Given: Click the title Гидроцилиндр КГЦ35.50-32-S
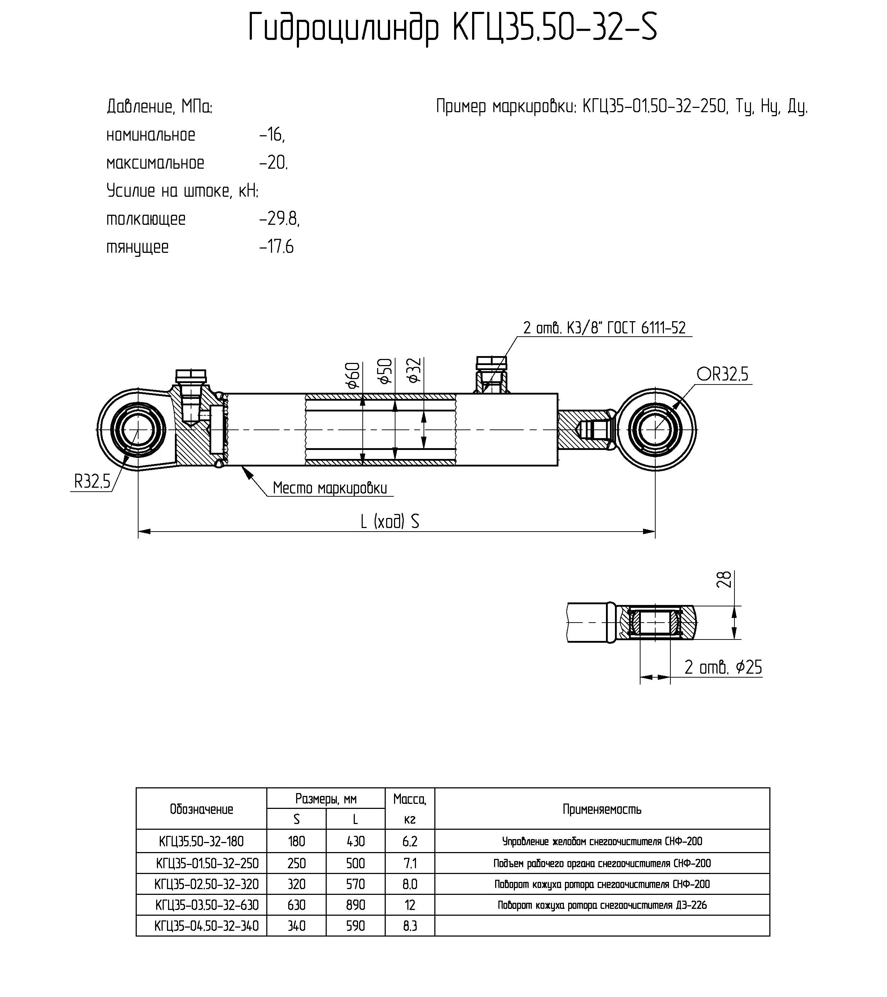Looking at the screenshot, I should pos(453,28).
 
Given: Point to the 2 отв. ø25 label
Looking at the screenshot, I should pos(723,667).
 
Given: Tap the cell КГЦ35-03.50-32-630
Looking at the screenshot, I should pos(207,905).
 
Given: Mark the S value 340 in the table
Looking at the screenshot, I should pos(296,926).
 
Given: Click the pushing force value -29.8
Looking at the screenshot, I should pos(279,219).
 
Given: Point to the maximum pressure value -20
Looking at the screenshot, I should pos(274,163).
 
